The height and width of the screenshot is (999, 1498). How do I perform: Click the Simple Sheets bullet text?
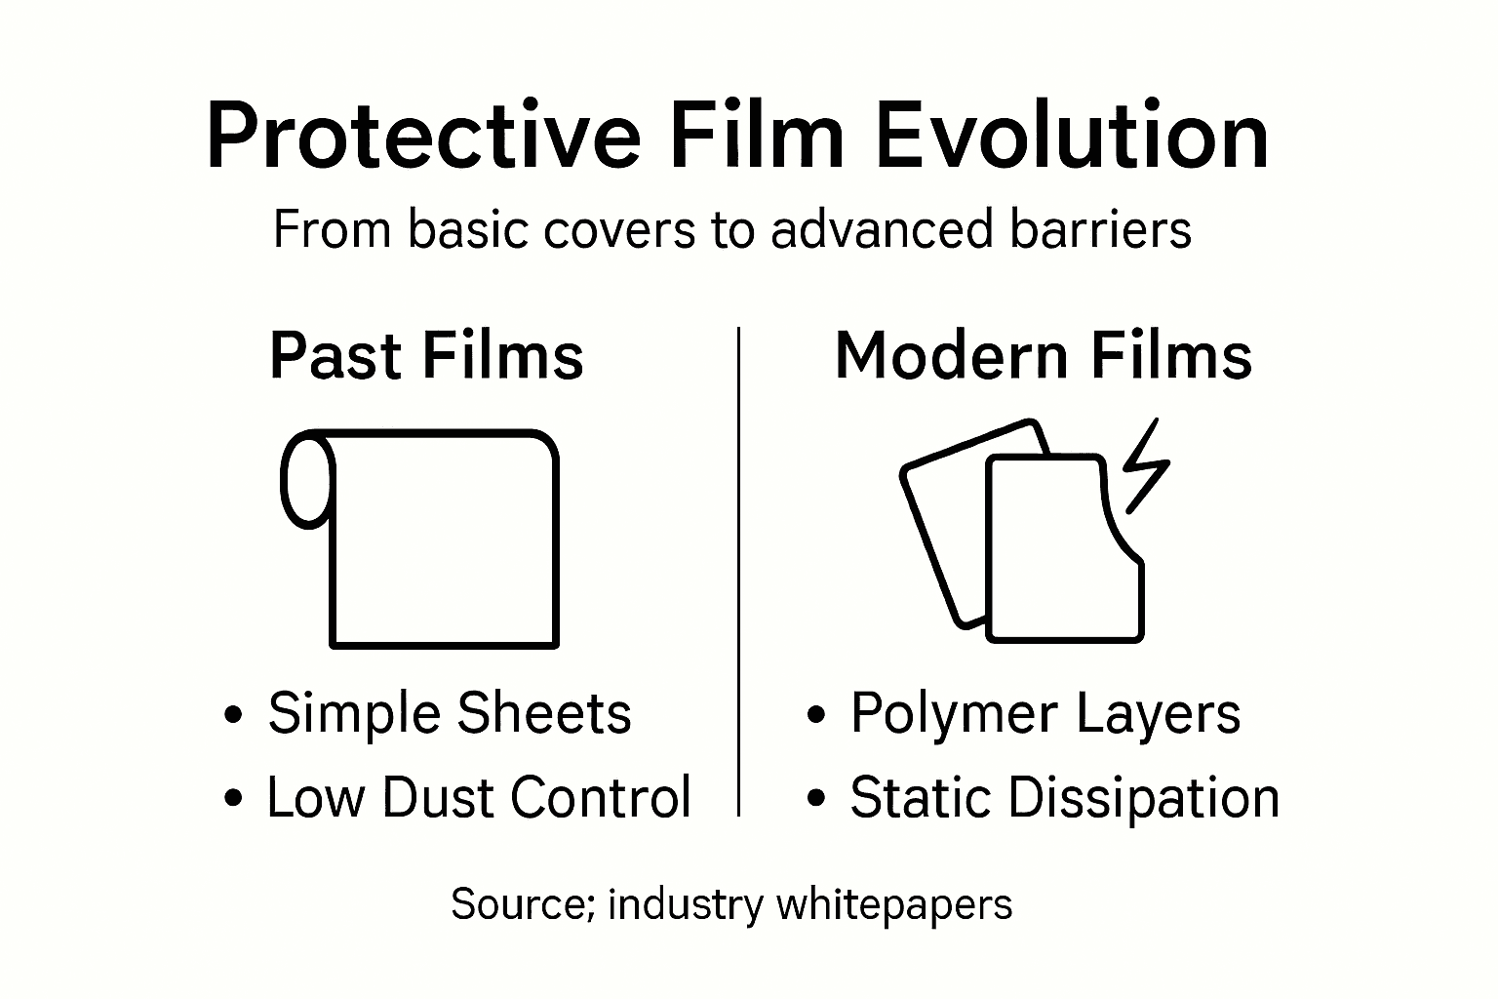pyautogui.click(x=450, y=713)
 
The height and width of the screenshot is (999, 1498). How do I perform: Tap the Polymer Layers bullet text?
pyautogui.click(x=1045, y=713)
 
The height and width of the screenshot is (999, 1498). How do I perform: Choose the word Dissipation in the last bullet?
pyautogui.click(x=1143, y=797)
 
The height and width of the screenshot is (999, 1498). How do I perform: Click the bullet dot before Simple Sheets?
pyautogui.click(x=232, y=715)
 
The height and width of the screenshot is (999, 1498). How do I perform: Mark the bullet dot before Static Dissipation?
pyautogui.click(x=816, y=799)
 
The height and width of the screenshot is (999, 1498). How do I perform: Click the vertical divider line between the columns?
pyautogui.click(x=739, y=571)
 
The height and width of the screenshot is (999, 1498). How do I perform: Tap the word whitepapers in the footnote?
pyautogui.click(x=894, y=906)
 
